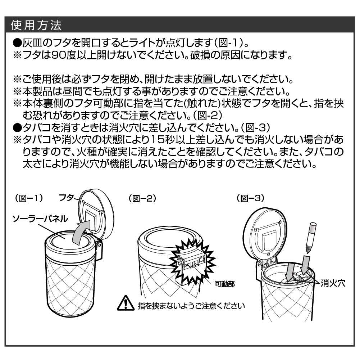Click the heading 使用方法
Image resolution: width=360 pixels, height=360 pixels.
coord(36,25)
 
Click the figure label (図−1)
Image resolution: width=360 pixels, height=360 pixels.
coord(29,198)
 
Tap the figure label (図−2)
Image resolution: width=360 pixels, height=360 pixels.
coord(142,198)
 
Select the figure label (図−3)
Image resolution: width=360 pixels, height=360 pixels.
coord(250,198)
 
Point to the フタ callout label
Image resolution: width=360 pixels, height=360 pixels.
coord(66,198)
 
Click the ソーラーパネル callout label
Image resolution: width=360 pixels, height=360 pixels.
coord(40,219)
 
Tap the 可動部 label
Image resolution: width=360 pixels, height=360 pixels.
coord(225,284)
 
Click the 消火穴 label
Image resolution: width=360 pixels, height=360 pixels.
coord(333,283)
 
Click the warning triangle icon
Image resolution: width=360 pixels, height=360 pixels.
coord(126,303)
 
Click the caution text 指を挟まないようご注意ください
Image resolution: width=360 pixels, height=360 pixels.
coord(191,306)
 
